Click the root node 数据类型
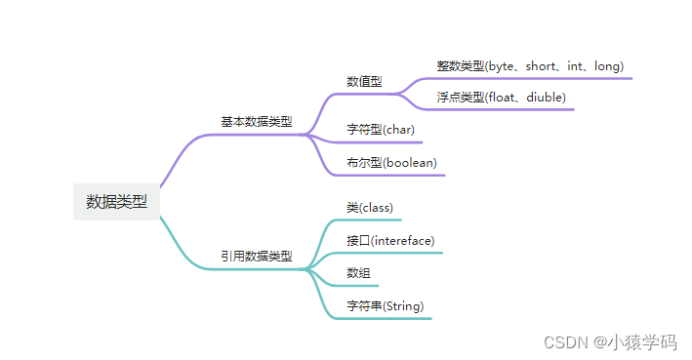(x=116, y=202)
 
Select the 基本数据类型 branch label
(x=256, y=122)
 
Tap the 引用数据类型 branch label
(x=256, y=257)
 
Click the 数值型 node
(x=364, y=82)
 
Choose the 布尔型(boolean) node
(x=391, y=162)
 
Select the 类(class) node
(x=369, y=208)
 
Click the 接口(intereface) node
(x=390, y=240)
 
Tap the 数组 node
(x=358, y=273)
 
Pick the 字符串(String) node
(x=385, y=306)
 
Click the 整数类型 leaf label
(x=461, y=65)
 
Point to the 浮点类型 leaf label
(x=461, y=98)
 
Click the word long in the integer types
(x=606, y=65)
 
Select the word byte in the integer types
(x=504, y=65)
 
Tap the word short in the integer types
(x=542, y=65)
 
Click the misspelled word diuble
(x=546, y=98)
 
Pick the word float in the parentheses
(x=504, y=98)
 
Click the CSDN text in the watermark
(x=563, y=342)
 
